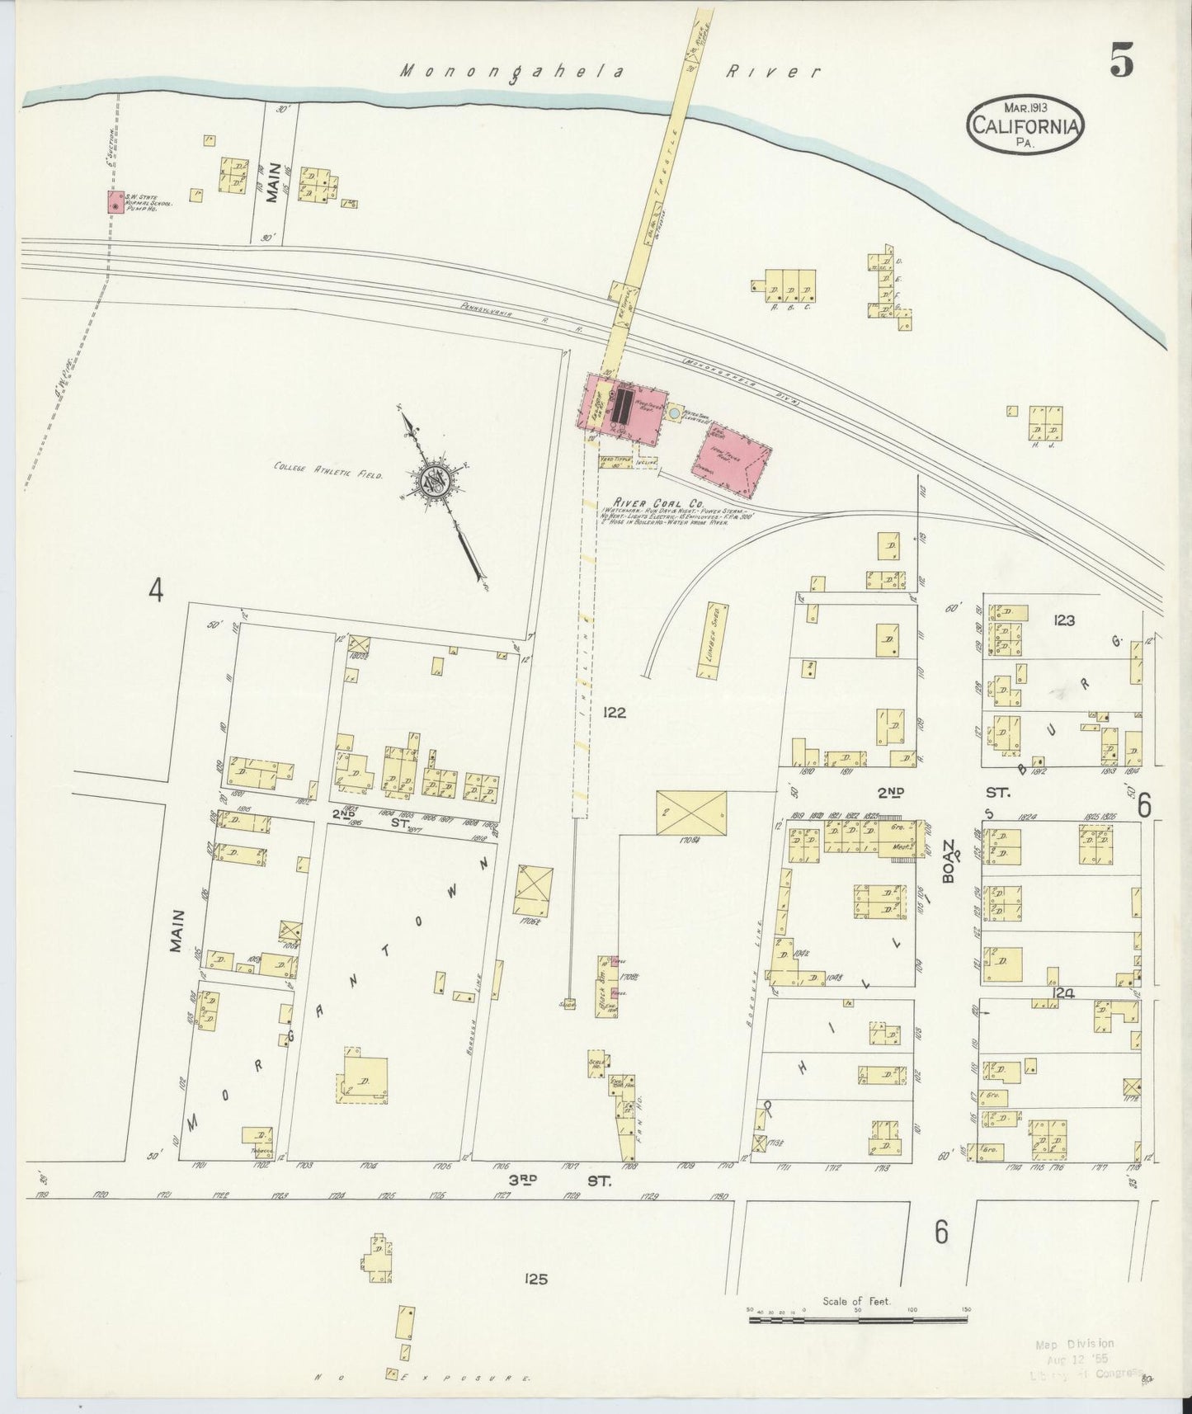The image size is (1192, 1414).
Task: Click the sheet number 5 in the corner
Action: coord(1121,62)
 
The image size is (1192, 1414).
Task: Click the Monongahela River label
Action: coord(610,72)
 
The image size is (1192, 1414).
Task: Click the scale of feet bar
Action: coord(857,1320)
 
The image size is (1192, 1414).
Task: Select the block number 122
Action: coord(615,713)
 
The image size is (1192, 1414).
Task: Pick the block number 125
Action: coord(535,1280)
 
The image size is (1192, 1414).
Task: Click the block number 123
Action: coord(1063,620)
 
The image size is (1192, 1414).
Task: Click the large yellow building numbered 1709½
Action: coord(692,813)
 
